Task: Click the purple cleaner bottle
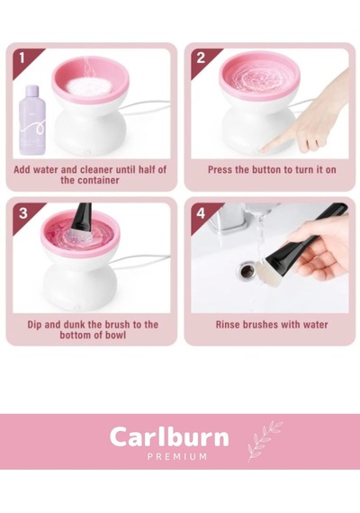32,121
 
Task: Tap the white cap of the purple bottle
32,89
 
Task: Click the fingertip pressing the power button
265,149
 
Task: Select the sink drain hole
246,270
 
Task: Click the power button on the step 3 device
77,307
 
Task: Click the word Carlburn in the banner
169,437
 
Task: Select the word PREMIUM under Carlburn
177,456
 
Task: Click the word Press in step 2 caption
220,170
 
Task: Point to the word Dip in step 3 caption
34,325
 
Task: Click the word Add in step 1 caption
22,170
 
